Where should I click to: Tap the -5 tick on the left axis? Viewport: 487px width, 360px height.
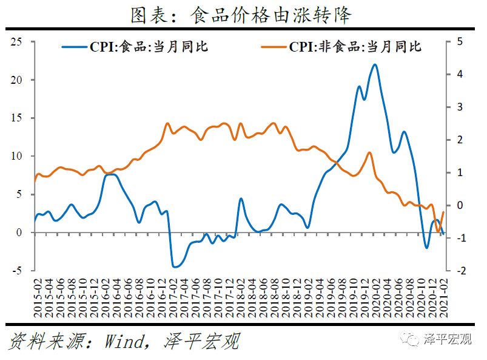pyautogui.click(x=18, y=271)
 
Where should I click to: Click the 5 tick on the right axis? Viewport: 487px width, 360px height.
pyautogui.click(x=460, y=42)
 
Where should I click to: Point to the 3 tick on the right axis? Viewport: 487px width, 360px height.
pyautogui.click(x=460, y=107)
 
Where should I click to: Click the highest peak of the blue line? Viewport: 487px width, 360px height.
pyautogui.click(x=375, y=64)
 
